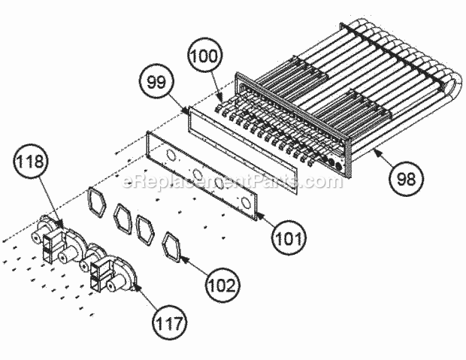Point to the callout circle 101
[289, 239]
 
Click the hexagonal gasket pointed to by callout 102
[174, 244]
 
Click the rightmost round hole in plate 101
[245, 203]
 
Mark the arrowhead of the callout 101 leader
[257, 216]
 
